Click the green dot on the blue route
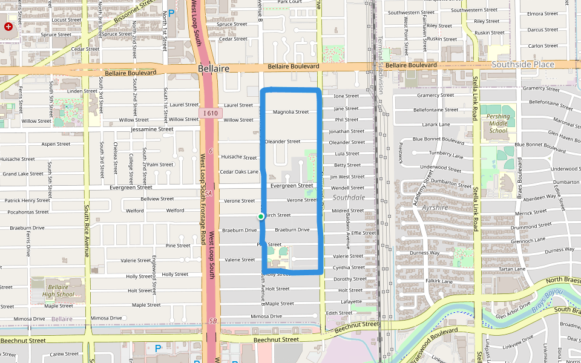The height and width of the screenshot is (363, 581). (x=261, y=217)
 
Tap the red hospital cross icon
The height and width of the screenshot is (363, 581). (x=8, y=27)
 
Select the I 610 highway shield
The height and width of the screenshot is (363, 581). (x=211, y=113)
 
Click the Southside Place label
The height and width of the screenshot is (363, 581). (x=522, y=64)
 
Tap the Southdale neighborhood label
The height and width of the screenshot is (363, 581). (x=349, y=197)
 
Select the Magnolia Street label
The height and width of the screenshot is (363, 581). (x=290, y=112)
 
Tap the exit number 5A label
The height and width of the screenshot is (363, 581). (x=208, y=194)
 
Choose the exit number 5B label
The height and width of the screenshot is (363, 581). (x=212, y=321)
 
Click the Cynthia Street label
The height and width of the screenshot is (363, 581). (x=349, y=267)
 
